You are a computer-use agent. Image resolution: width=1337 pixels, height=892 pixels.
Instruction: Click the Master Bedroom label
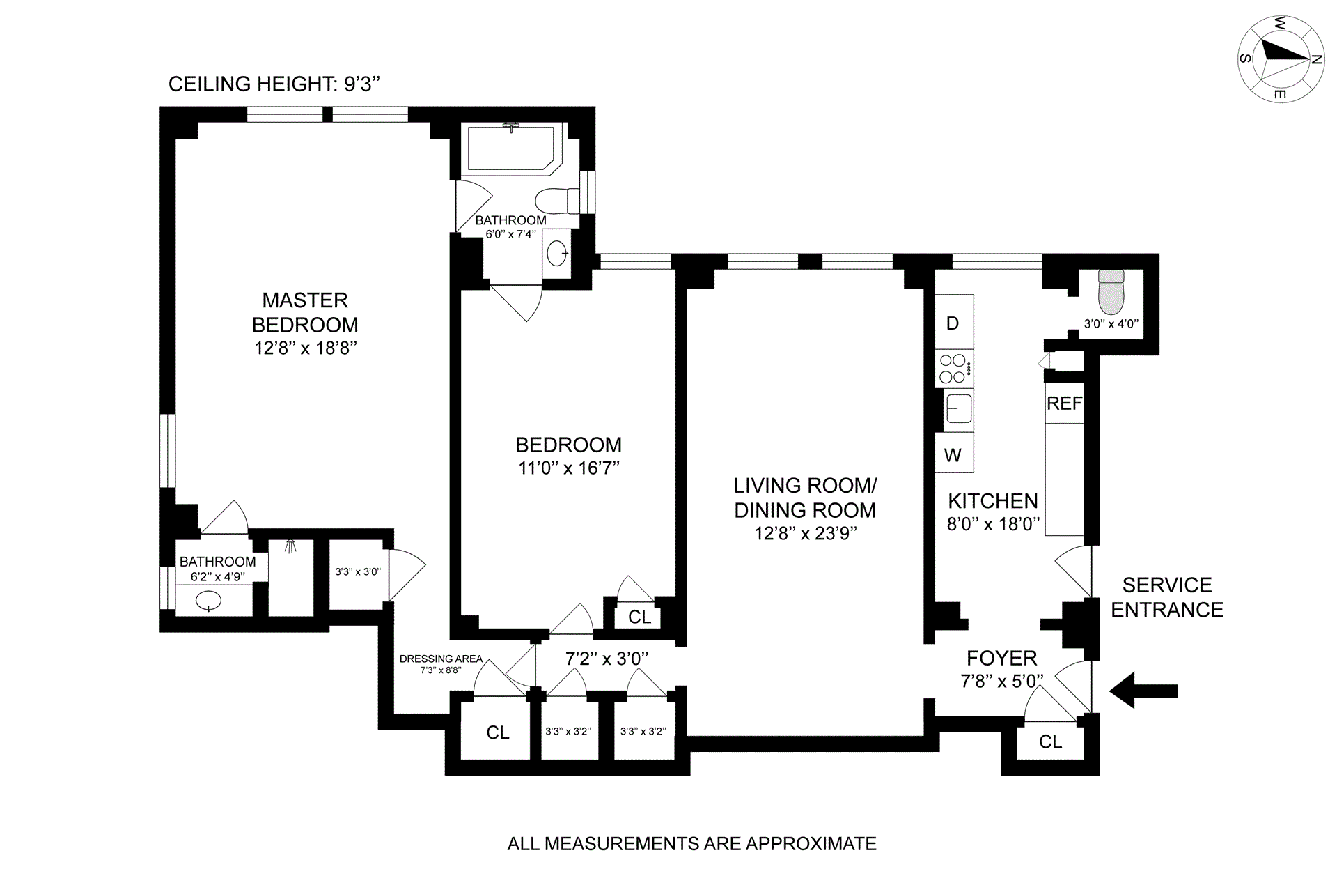pyautogui.click(x=305, y=312)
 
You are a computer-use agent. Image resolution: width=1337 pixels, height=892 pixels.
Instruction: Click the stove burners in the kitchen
pyautogui.click(x=953, y=369)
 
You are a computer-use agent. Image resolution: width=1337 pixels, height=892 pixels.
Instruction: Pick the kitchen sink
pyautogui.click(x=958, y=408)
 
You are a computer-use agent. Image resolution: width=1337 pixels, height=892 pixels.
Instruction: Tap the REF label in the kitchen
pyautogui.click(x=1064, y=403)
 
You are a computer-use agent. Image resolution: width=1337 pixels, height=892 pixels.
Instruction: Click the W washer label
pyautogui.click(x=953, y=455)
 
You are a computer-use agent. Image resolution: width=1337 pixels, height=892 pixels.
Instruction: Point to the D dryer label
pyautogui.click(x=953, y=323)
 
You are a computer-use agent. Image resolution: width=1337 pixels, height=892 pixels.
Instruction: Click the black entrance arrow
pyautogui.click(x=1143, y=691)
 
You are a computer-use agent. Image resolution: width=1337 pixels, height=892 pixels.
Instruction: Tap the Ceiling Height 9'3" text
pyautogui.click(x=274, y=84)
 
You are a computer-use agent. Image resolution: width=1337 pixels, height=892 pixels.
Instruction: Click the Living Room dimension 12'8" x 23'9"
pyautogui.click(x=805, y=533)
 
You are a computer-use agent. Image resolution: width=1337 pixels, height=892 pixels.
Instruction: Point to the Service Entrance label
pyautogui.click(x=1166, y=597)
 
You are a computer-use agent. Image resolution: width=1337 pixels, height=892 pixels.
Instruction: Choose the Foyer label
pyautogui.click(x=1001, y=658)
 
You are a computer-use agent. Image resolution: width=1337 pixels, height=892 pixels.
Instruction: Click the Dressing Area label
pyautogui.click(x=441, y=659)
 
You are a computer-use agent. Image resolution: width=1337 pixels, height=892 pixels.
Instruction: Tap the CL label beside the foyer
pyautogui.click(x=1050, y=742)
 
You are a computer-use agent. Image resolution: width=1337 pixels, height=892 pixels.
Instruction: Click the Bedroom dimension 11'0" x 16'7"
pyautogui.click(x=568, y=468)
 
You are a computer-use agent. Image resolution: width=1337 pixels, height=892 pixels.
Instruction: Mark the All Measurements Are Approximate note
pyautogui.click(x=691, y=844)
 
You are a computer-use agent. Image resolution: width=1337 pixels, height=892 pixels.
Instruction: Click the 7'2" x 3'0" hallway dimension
pyautogui.click(x=607, y=658)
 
